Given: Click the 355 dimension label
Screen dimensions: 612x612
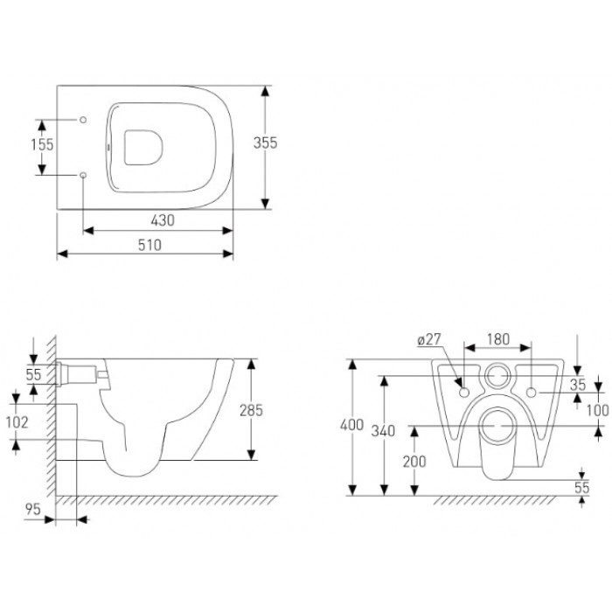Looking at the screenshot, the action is point(266,143).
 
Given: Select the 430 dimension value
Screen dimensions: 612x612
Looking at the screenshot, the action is point(163,220).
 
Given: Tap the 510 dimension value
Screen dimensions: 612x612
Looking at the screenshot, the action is point(150,245).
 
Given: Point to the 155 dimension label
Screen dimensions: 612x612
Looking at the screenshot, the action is point(42,144).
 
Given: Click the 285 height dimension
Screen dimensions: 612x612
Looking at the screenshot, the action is point(252,410).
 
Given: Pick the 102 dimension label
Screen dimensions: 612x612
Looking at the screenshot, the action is point(17,422).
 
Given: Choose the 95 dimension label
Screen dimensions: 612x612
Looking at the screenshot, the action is point(33,509).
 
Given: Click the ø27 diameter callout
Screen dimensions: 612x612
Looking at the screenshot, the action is point(429,339).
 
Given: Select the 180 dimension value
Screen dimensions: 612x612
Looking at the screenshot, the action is point(498,339).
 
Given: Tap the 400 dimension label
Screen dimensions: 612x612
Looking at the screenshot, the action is point(351,425).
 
